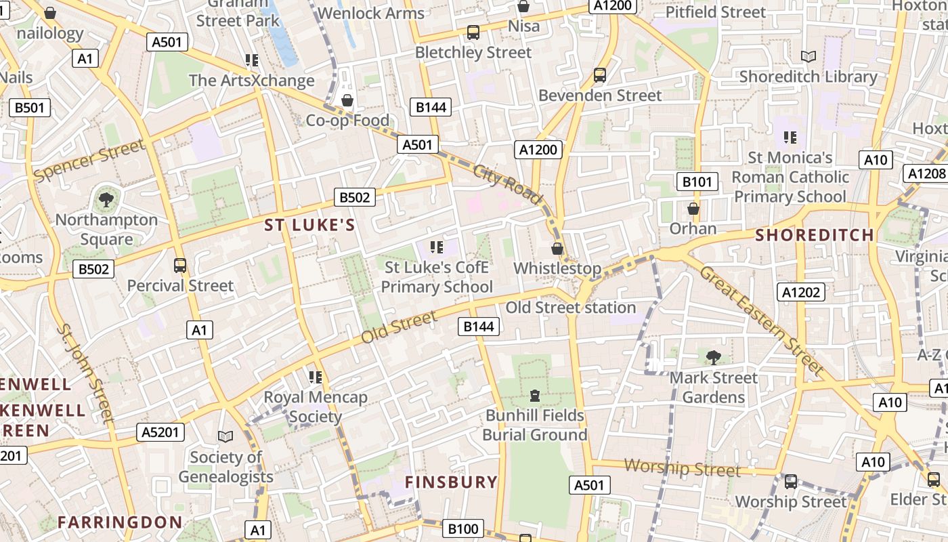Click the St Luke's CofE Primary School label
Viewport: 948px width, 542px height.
tap(437, 277)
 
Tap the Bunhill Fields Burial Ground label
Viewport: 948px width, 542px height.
tap(534, 425)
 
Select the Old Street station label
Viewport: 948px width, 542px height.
tap(571, 308)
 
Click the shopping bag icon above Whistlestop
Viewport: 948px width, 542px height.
tap(557, 249)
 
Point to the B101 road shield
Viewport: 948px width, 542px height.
tap(697, 182)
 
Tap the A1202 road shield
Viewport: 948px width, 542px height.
tap(801, 292)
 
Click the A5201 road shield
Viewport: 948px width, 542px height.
tap(160, 432)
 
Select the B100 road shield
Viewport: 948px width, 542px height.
tap(463, 528)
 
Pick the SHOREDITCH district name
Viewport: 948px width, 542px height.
tap(815, 235)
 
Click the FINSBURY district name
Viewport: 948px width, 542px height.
tap(451, 482)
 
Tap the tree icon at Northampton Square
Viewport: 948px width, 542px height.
tap(106, 199)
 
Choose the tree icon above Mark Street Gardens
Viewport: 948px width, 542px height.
tap(713, 357)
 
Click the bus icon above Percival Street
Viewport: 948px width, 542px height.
tap(180, 265)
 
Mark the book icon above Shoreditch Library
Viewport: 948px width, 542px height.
tap(808, 56)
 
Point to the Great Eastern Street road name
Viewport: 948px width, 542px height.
tap(761, 320)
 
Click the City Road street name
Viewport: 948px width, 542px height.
tap(508, 184)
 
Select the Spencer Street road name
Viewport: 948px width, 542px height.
tap(89, 161)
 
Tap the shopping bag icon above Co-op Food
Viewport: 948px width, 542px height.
tap(347, 100)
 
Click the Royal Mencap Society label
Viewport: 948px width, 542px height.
tap(316, 406)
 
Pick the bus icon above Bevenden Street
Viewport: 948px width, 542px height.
tap(600, 75)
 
